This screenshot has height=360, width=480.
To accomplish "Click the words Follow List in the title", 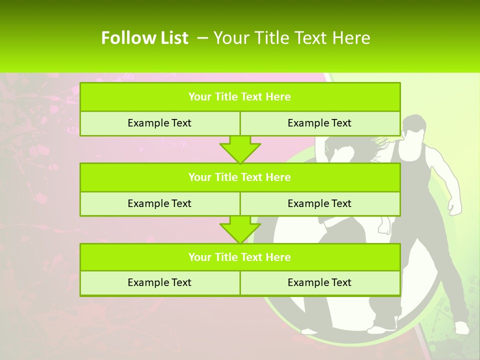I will (144, 38).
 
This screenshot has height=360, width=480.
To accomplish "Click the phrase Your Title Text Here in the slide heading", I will (292, 38).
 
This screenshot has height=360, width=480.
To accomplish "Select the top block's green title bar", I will (240, 97).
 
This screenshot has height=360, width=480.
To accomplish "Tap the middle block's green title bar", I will (240, 177).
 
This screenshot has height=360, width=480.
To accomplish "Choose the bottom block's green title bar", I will (240, 257).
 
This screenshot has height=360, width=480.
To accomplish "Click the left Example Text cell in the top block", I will (159, 123).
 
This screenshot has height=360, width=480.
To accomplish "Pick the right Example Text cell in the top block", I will (319, 123).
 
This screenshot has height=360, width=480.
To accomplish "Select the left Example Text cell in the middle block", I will (159, 204).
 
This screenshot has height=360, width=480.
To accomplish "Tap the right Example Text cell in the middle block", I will (319, 204).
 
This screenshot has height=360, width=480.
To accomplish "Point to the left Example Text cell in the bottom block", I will (159, 283).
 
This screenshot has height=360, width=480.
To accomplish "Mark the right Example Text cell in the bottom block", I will (319, 283).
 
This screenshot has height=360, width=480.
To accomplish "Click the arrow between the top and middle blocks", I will (240, 149).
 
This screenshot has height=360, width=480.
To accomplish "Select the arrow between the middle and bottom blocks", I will (240, 229).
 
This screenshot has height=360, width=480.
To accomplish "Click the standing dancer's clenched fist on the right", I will (454, 206).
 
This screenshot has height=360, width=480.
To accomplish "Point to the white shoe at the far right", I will (461, 327).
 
